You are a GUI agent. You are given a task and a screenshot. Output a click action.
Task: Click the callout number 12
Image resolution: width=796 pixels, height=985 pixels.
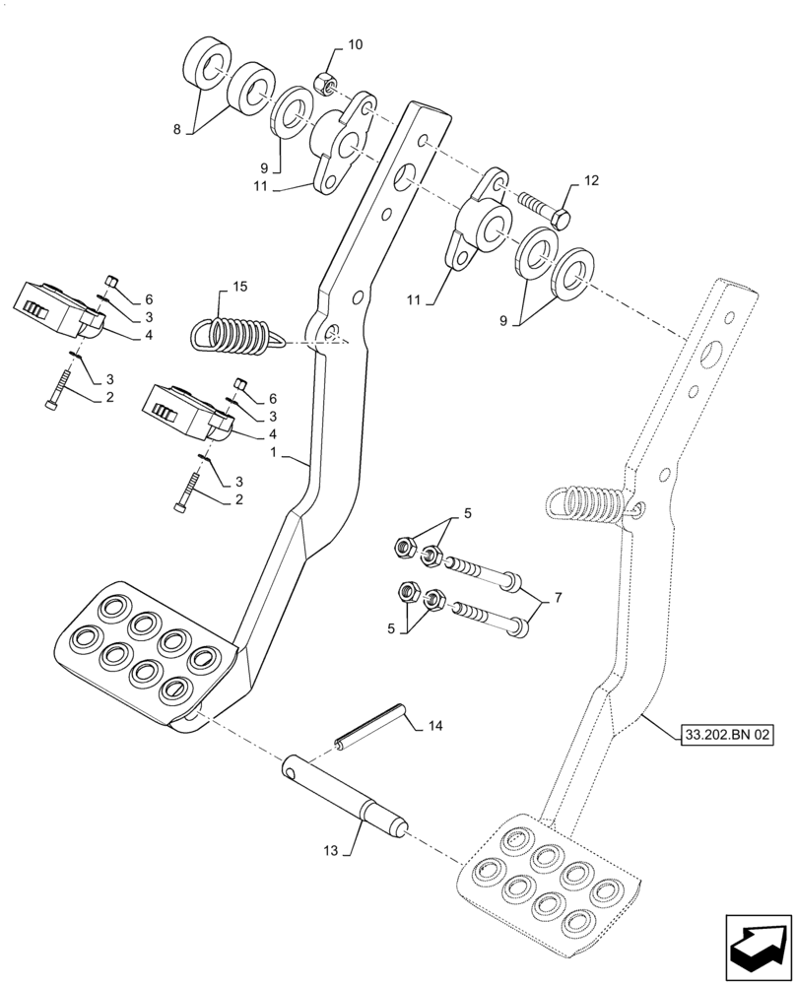(x=590, y=180)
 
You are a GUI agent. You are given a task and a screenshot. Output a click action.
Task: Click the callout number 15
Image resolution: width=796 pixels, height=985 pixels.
(x=239, y=287)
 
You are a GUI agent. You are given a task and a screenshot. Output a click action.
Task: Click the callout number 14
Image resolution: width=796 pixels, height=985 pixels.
(x=436, y=727)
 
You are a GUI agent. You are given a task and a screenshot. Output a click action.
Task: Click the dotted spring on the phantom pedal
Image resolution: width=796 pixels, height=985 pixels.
(x=583, y=502)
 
